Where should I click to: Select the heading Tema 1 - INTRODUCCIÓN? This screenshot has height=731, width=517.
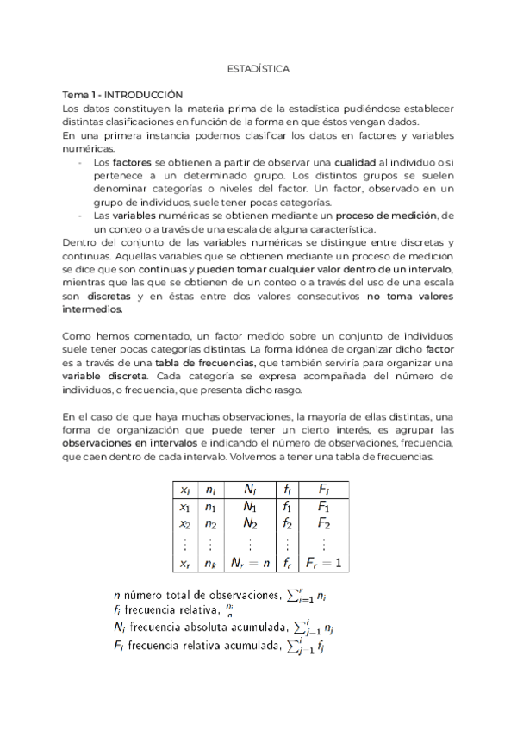pyautogui.click(x=123, y=94)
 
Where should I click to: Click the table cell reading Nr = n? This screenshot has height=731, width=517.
pyautogui.click(x=250, y=563)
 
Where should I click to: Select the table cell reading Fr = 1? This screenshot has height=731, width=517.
pyautogui.click(x=323, y=563)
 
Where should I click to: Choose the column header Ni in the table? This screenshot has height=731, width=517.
pyautogui.click(x=250, y=489)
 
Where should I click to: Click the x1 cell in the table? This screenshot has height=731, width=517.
pyautogui.click(x=184, y=506)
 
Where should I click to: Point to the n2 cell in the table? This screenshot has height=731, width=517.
pyautogui.click(x=210, y=523)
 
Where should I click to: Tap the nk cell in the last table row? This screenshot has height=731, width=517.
pyautogui.click(x=210, y=563)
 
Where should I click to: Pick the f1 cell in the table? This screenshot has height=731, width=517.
pyautogui.click(x=288, y=506)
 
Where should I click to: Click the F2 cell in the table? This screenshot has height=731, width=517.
pyautogui.click(x=323, y=523)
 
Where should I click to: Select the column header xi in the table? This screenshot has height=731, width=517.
pyautogui.click(x=184, y=489)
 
